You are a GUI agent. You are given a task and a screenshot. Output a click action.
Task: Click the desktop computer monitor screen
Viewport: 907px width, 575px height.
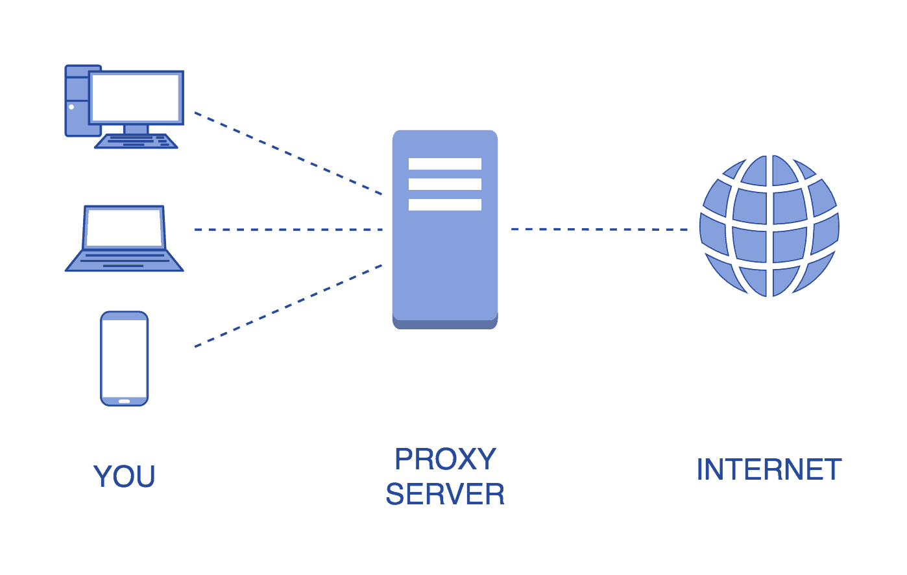tap(136, 98)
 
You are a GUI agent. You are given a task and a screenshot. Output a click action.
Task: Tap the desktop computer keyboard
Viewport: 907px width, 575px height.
tap(136, 141)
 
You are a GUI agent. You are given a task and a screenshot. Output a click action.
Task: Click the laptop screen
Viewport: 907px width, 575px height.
tap(124, 228)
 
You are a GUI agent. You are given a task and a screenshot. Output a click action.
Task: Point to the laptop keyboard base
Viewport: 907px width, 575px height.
tap(124, 261)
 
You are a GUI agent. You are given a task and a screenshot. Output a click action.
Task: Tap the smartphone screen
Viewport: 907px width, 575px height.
tap(125, 358)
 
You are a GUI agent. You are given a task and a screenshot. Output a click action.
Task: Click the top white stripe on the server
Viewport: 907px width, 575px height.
tap(445, 164)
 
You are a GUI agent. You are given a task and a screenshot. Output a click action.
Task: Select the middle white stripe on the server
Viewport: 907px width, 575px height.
tap(445, 184)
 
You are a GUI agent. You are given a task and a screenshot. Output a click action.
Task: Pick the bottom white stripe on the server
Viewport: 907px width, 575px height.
tap(445, 205)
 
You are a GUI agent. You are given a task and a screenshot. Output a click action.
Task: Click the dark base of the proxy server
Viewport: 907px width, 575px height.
tap(445, 324)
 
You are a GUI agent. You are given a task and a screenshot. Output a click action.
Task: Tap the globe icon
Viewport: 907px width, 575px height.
tap(769, 226)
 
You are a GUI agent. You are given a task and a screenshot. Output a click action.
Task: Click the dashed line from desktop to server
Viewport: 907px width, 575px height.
tap(288, 154)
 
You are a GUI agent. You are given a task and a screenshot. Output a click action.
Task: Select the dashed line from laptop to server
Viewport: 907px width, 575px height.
tap(288, 229)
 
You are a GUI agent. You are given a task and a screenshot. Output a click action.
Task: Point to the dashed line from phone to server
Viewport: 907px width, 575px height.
tap(288, 306)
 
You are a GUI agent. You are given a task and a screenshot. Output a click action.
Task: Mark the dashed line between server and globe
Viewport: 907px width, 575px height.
tap(599, 229)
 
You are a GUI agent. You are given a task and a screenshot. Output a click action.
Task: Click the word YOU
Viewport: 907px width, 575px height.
tap(125, 477)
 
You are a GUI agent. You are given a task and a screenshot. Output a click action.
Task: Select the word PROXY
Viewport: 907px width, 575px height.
tap(445, 460)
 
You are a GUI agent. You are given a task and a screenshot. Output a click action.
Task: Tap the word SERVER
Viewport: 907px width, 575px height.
tap(445, 495)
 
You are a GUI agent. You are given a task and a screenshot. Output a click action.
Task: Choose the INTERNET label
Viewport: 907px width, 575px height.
tap(769, 470)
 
